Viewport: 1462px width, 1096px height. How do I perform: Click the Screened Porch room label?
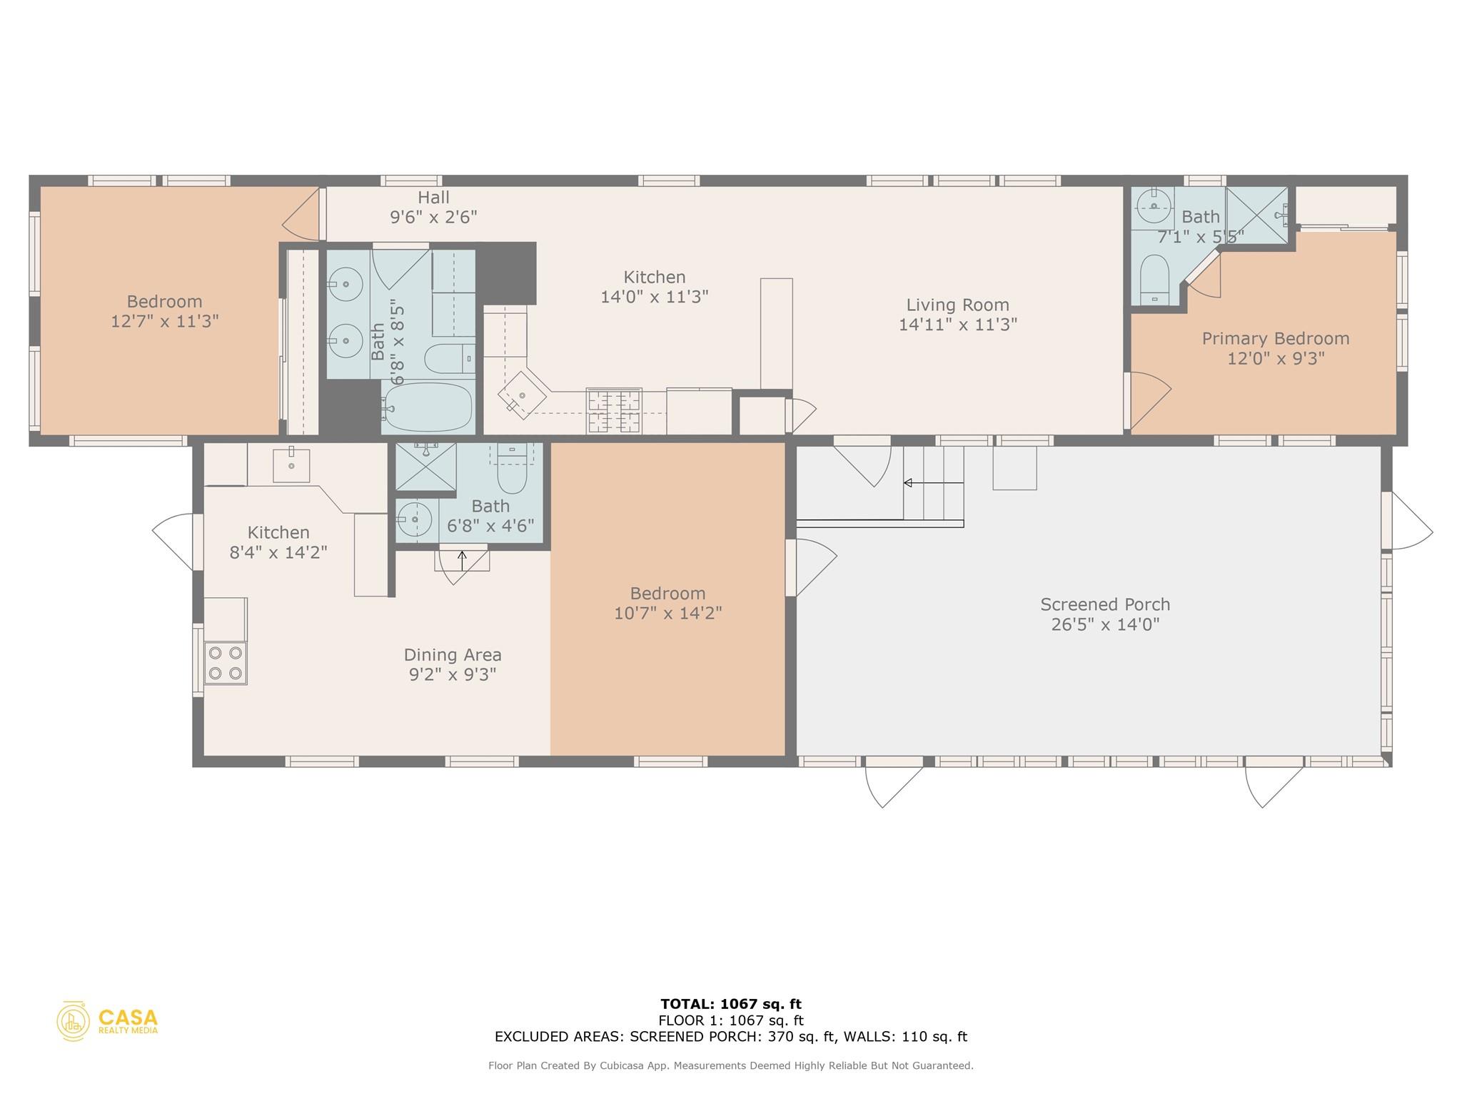click(1104, 604)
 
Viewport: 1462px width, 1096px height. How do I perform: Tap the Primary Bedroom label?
click(1275, 338)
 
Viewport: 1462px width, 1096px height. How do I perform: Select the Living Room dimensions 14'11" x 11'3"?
click(957, 325)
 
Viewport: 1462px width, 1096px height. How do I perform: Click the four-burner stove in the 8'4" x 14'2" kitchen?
click(226, 663)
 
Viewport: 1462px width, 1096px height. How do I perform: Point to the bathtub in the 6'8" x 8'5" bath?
click(428, 407)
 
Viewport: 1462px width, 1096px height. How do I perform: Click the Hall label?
click(433, 197)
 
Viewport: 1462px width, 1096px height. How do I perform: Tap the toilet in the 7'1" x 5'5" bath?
click(1154, 280)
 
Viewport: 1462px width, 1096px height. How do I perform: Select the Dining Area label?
click(452, 654)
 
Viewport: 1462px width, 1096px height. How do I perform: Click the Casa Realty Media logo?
click(108, 1021)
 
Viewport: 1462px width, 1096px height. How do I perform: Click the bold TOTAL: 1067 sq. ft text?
click(730, 1004)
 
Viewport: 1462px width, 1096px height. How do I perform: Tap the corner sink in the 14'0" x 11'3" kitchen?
click(522, 395)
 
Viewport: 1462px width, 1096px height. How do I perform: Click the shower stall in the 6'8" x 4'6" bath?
click(425, 466)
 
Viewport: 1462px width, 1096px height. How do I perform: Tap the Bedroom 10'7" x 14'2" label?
click(667, 594)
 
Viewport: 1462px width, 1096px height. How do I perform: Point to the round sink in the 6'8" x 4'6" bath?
click(415, 519)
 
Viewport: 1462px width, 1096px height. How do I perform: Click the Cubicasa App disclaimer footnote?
click(730, 1066)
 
